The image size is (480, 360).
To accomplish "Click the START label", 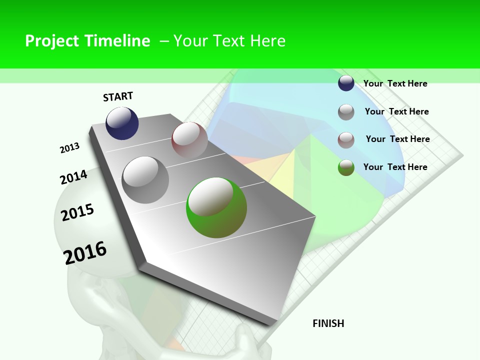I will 118,96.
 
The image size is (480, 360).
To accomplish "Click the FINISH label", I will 328,323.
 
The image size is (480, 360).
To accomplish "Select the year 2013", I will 69,148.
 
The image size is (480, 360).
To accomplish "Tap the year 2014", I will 73,177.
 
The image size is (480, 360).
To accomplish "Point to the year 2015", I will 77,212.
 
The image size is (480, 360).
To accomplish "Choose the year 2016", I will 85,252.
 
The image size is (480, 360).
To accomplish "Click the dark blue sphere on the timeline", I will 122,123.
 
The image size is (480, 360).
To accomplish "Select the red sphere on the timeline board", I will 189,139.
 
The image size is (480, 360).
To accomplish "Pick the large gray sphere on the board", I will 145,179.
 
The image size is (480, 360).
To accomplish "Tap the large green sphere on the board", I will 216,207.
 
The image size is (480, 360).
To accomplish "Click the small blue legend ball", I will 346,83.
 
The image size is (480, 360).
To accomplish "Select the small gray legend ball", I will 346,111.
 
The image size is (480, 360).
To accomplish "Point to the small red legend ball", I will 346,139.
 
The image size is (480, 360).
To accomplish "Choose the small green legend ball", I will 346,167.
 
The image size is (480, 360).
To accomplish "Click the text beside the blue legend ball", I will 395,83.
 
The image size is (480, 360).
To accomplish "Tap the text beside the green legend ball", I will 395,167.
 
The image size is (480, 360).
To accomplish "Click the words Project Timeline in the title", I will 87,41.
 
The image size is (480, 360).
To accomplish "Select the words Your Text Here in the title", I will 229,41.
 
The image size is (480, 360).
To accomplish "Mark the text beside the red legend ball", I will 397,139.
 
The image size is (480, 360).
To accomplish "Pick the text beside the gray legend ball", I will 396,111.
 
